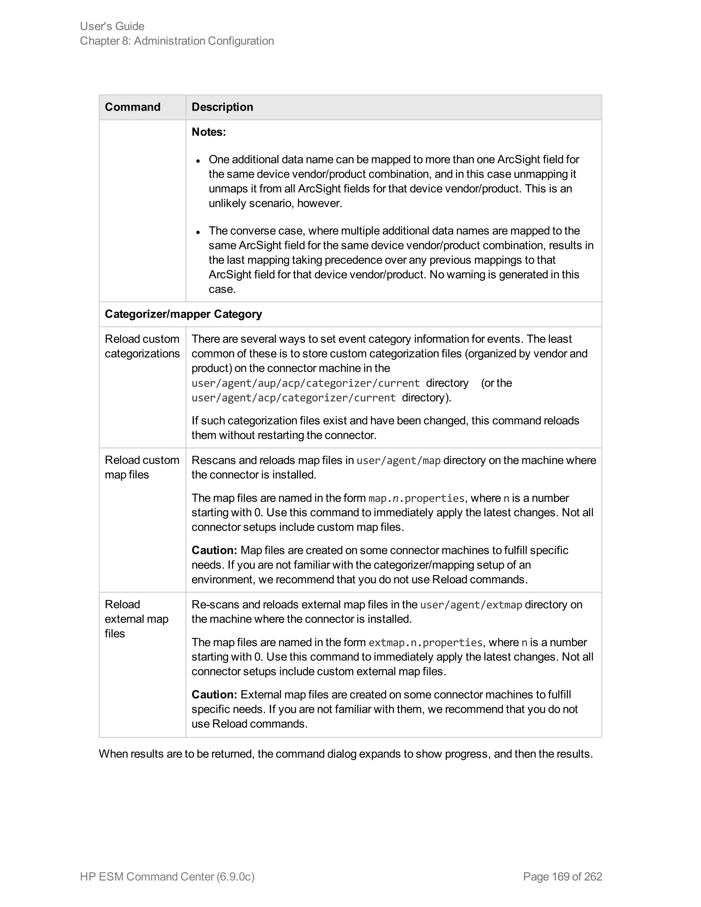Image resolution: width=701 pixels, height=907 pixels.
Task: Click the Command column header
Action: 132,107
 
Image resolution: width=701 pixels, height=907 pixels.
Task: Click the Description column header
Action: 222,107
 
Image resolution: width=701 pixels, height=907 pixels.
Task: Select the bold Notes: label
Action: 208,132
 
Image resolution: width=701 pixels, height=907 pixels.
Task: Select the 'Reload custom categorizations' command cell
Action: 142,346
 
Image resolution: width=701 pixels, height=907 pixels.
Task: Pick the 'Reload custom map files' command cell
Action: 142,467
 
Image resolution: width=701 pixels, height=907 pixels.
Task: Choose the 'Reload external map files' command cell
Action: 136,619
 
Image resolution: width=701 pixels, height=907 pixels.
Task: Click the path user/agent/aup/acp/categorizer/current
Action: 305,383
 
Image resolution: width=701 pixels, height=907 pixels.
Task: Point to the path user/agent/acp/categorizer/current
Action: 293,398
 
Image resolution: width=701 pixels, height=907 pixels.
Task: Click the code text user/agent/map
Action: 398,461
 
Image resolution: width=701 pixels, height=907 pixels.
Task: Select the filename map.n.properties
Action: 416,498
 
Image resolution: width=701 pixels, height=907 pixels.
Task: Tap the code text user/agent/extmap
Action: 471,605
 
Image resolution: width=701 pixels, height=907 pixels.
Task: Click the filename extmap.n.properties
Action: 425,642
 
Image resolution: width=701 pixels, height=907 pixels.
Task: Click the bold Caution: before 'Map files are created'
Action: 214,550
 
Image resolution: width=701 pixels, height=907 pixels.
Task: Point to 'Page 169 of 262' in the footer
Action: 562,876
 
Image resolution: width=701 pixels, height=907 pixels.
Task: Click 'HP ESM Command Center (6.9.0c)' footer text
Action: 167,876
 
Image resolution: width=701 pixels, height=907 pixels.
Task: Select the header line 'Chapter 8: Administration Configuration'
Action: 177,41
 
